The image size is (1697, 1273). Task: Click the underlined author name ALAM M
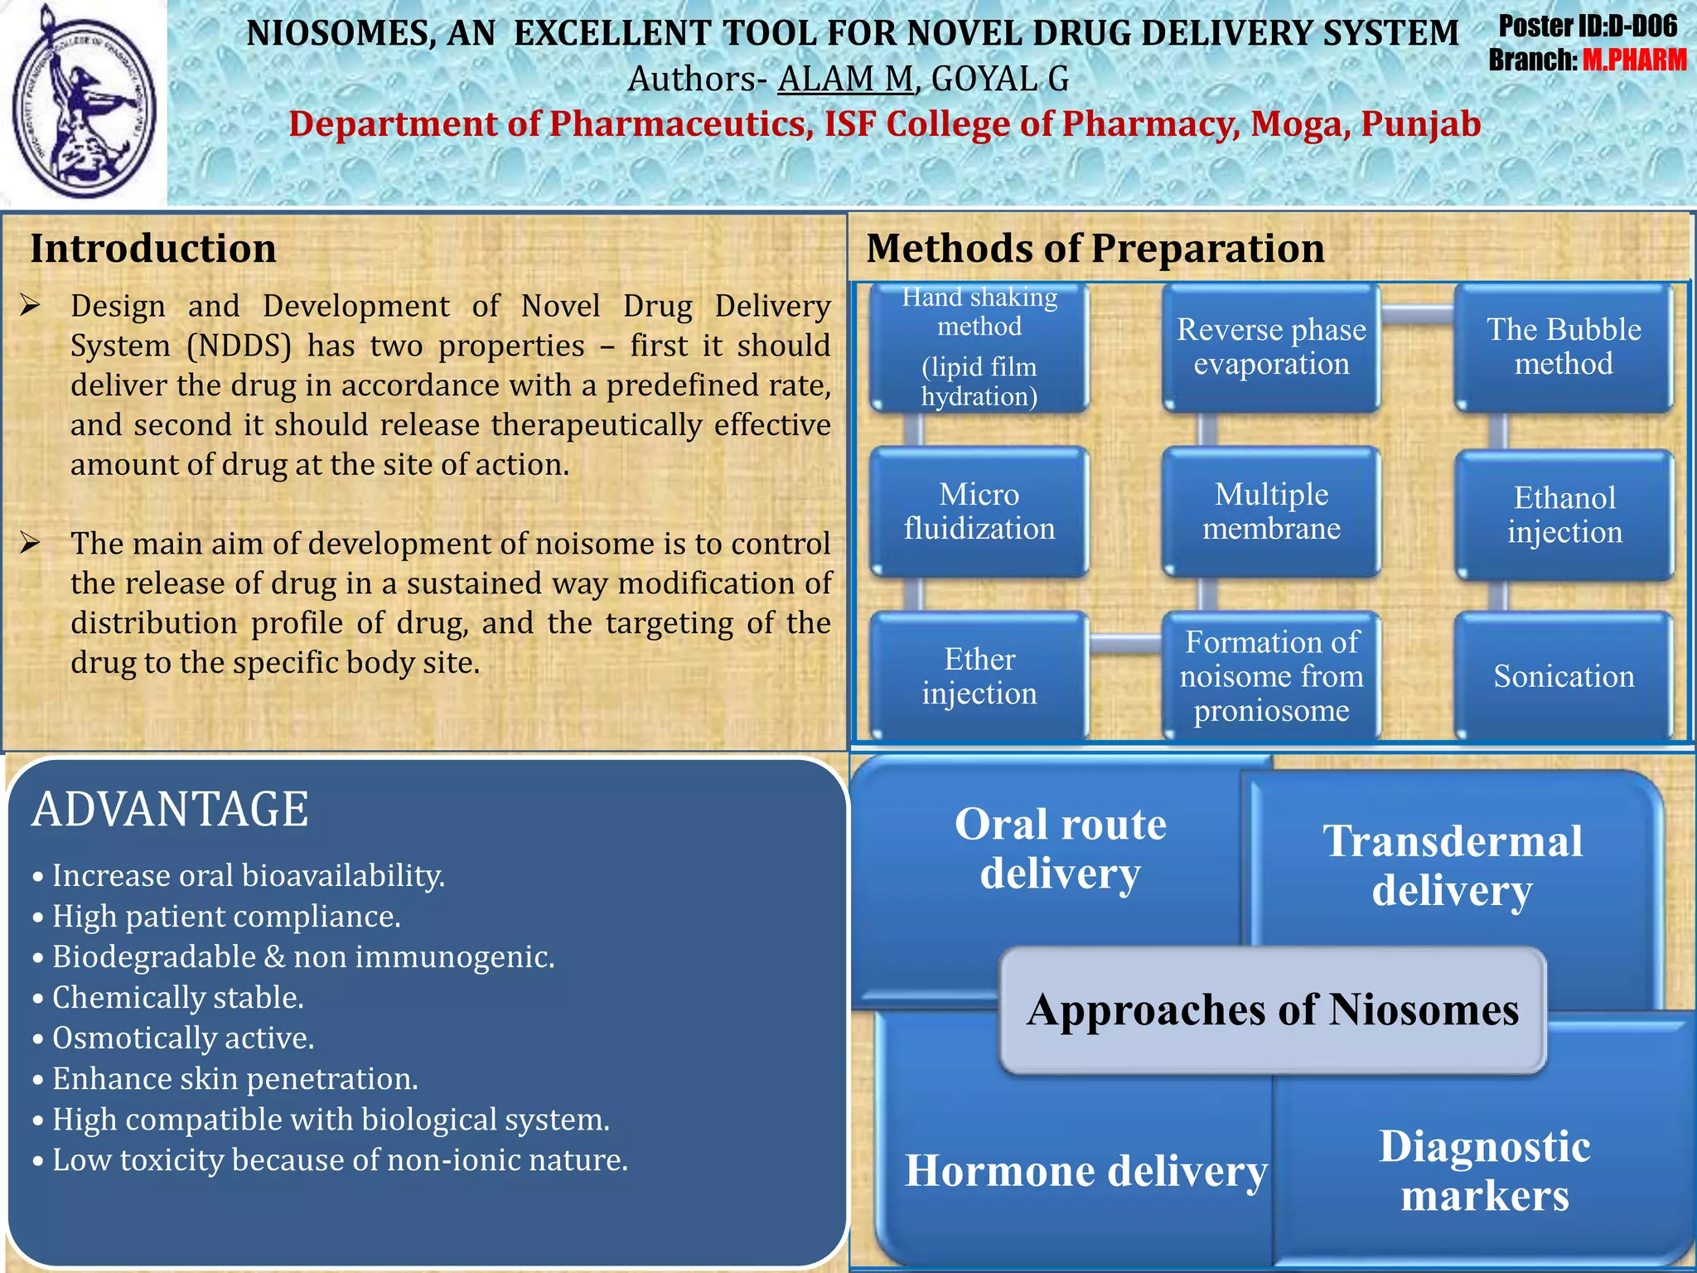coord(844,80)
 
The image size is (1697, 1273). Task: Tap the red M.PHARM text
coord(1633,61)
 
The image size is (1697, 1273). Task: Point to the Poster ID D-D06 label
coord(1587,27)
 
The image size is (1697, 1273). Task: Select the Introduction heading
coord(153,249)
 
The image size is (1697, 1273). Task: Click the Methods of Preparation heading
coord(1095,249)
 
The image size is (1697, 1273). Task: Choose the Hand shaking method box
coord(979,347)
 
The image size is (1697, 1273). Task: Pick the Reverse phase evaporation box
coord(1271,347)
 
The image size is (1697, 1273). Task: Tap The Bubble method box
coord(1563,347)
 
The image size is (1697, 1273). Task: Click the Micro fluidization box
coord(979,511)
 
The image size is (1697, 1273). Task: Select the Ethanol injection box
coord(1564,515)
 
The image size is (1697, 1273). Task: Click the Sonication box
coord(1564,676)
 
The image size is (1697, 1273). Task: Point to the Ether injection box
coord(979,676)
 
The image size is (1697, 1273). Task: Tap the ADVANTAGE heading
coord(170,809)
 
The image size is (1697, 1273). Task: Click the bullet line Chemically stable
coord(177,998)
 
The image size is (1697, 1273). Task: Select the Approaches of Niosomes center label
coord(1273,1010)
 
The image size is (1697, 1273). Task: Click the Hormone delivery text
coord(1085,1171)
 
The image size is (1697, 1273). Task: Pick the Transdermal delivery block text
coord(1452,866)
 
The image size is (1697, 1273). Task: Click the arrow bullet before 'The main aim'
coord(31,544)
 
